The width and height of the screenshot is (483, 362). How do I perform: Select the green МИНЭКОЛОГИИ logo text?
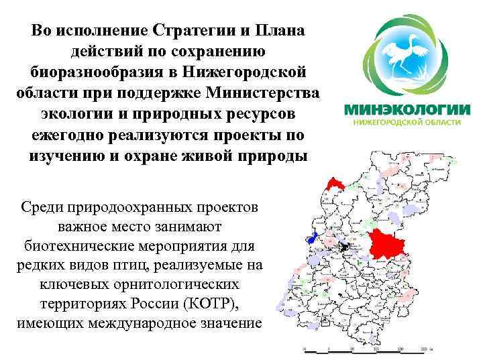pyautogui.click(x=407, y=110)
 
